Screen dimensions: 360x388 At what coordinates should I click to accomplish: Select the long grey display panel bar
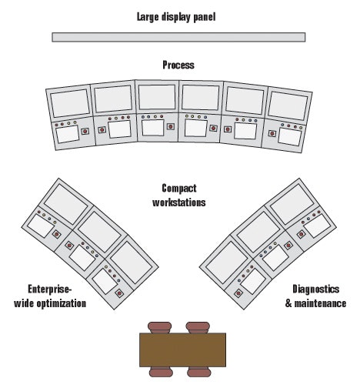[x=178, y=37]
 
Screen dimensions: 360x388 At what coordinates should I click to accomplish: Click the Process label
[x=178, y=65]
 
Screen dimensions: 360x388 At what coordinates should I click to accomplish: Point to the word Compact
[x=179, y=189]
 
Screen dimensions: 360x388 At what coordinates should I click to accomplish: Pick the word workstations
[x=179, y=202]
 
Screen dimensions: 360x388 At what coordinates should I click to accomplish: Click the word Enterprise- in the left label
[x=50, y=289]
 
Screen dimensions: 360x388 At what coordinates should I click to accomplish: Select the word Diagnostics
[x=316, y=289]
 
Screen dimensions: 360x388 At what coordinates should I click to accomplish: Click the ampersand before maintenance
[x=288, y=303]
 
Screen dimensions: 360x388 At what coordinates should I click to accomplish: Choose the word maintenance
[x=320, y=303]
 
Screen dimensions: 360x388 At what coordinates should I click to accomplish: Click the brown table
[x=182, y=350]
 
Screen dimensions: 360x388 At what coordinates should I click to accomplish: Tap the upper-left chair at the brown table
[x=159, y=327]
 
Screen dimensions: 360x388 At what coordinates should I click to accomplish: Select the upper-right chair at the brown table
[x=198, y=327]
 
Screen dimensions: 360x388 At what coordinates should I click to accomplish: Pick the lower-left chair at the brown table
[x=161, y=372]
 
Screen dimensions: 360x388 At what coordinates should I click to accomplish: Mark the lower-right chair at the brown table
[x=199, y=372]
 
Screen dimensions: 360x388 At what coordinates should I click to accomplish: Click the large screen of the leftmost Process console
[x=70, y=103]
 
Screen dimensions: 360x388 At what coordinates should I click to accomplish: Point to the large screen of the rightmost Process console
[x=288, y=105]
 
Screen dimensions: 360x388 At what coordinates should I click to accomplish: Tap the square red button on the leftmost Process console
[x=85, y=131]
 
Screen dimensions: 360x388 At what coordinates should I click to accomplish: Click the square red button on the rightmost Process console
[x=272, y=133]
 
